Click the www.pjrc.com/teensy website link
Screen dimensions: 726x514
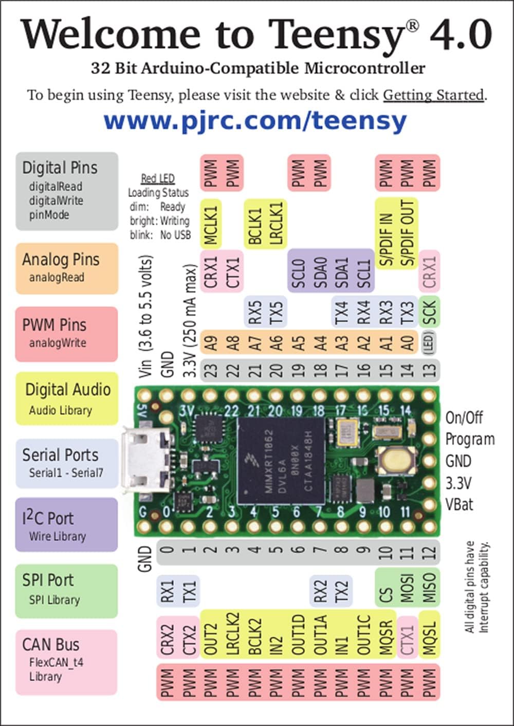(x=255, y=121)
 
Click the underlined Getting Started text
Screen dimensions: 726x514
(x=433, y=95)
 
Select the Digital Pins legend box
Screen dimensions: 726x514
(x=67, y=191)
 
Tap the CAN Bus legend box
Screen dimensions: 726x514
(x=66, y=661)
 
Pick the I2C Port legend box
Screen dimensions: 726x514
(x=66, y=525)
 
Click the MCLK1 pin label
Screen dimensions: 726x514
(x=211, y=224)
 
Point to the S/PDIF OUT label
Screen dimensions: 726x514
(x=408, y=233)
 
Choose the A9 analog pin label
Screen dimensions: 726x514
(x=211, y=343)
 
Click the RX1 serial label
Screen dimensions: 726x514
(x=168, y=591)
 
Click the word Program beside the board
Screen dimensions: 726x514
(x=470, y=440)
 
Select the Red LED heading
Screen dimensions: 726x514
(x=158, y=179)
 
